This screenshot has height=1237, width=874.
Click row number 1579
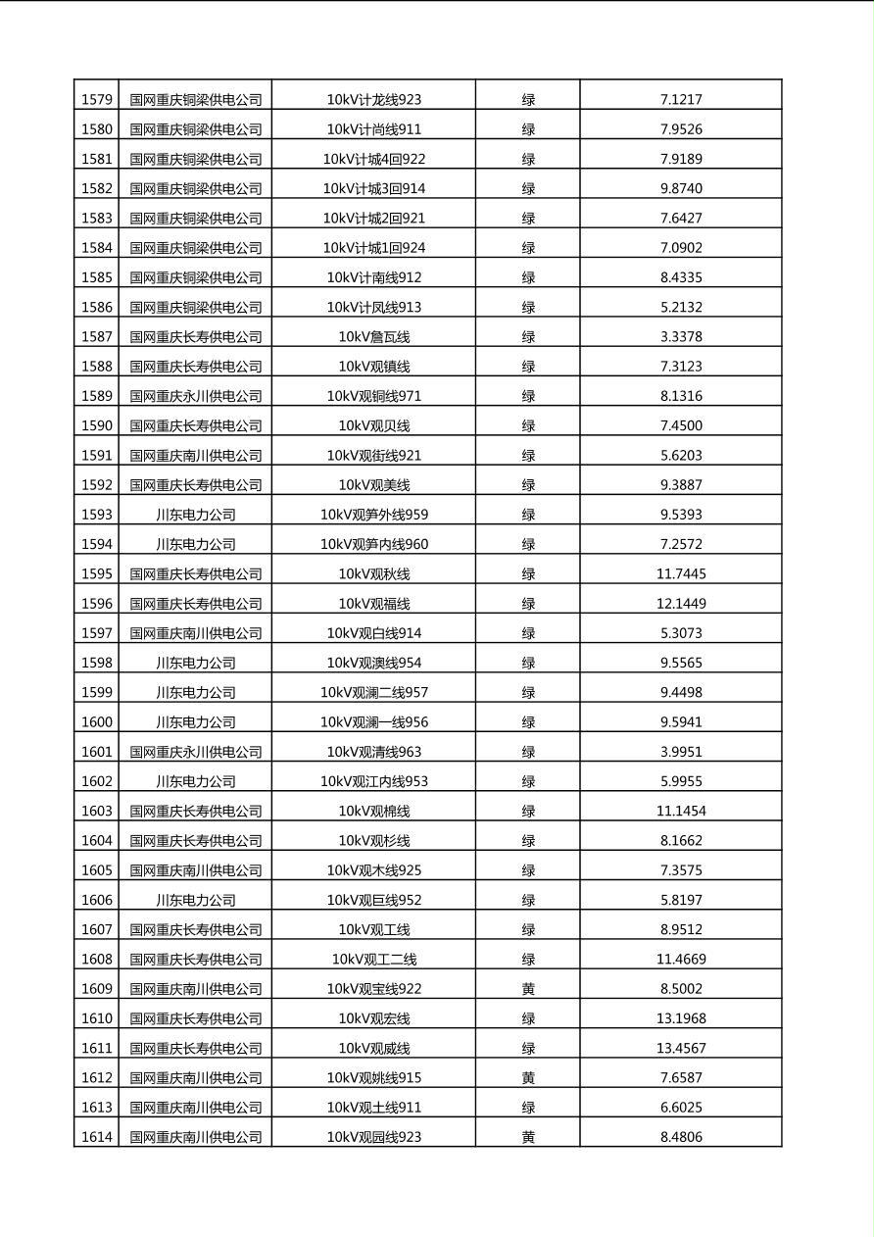coord(96,99)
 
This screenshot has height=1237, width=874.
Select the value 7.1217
coord(681,99)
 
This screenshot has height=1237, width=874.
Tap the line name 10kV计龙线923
coord(373,99)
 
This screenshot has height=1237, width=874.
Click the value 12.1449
coord(681,603)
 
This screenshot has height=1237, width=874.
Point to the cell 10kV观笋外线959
coord(373,515)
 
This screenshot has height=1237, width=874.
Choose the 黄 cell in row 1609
coord(528,988)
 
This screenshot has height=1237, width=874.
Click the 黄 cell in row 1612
coord(528,1077)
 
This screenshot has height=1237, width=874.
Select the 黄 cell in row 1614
coord(528,1137)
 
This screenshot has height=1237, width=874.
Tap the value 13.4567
coord(681,1048)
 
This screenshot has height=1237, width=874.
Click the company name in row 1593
coord(196,515)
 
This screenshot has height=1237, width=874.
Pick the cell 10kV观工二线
coord(373,959)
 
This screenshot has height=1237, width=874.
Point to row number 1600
coord(96,721)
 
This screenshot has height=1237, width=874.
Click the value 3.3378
coord(681,336)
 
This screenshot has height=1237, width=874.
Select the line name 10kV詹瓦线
coord(373,336)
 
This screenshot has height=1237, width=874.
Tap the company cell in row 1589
coord(196,396)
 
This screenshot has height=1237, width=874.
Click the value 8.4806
coord(681,1137)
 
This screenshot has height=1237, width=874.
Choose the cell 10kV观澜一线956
coord(373,721)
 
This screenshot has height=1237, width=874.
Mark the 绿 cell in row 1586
coord(528,307)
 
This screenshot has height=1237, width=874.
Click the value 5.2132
coord(681,307)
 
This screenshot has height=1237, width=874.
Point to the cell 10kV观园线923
coord(373,1137)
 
